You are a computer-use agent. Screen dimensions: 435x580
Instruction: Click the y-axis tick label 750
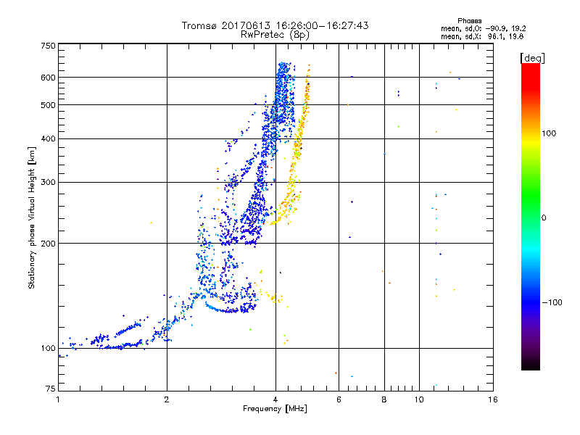[48, 45]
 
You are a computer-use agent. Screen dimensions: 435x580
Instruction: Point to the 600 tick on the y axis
[48, 77]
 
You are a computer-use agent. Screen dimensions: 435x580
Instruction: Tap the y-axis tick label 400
[48, 138]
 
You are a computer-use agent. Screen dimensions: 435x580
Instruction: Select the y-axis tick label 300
[48, 182]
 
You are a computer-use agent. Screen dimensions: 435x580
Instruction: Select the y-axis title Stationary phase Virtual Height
[32, 217]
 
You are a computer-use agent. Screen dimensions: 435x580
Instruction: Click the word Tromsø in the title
[199, 25]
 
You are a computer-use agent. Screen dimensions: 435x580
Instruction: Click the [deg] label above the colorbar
[531, 57]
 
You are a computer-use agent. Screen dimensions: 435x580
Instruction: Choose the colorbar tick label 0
[544, 217]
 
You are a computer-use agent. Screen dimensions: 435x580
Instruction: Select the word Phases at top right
[471, 20]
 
